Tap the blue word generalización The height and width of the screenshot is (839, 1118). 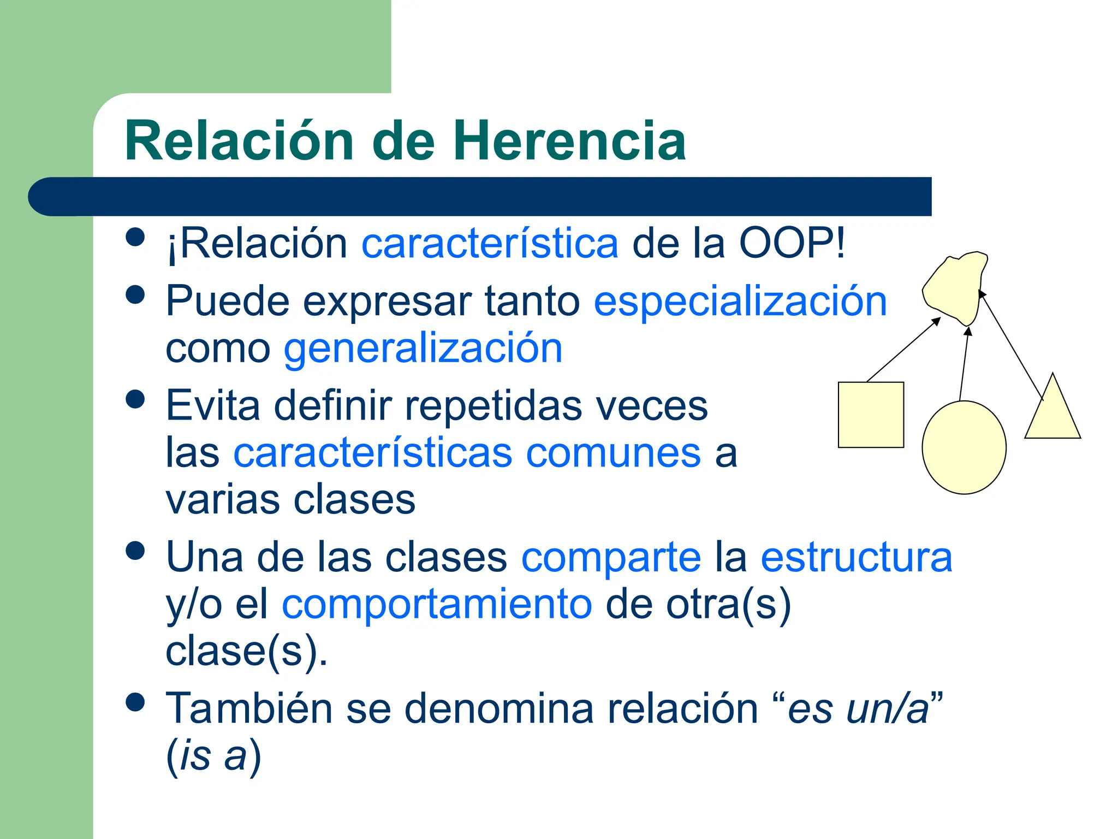tap(423, 348)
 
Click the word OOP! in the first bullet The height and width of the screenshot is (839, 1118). tap(792, 243)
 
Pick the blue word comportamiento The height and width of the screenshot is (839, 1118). tap(437, 604)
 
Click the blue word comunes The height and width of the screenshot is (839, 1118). tap(613, 453)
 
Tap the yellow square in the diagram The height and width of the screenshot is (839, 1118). tap(871, 415)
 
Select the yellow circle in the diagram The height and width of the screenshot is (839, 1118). tap(964, 447)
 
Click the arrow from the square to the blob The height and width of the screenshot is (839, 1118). tap(903, 349)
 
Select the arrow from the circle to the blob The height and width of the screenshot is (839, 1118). tap(965, 363)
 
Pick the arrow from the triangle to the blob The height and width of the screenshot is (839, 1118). tap(1011, 345)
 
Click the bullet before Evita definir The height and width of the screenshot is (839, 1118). tap(135, 399)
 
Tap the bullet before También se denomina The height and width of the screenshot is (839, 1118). tap(135, 702)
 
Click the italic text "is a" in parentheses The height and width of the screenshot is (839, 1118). tap(213, 756)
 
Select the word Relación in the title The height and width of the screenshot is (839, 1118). tap(240, 141)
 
